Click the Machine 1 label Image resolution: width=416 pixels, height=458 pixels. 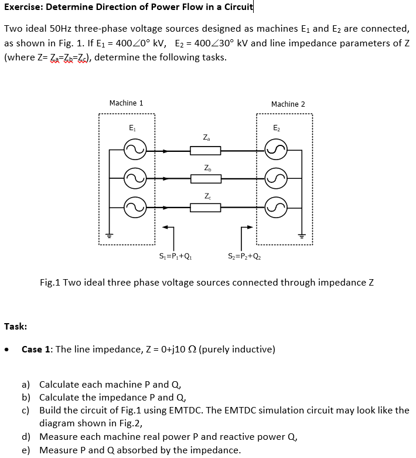126,103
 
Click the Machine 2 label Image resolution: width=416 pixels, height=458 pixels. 288,104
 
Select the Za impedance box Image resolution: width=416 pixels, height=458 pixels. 205,151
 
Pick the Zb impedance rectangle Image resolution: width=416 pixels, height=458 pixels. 205,178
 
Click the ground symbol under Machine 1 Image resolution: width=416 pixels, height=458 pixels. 108,236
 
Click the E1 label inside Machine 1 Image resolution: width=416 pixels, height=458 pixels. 132,127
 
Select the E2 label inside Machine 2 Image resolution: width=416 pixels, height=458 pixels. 276,127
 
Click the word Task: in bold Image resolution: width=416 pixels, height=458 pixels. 15,326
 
